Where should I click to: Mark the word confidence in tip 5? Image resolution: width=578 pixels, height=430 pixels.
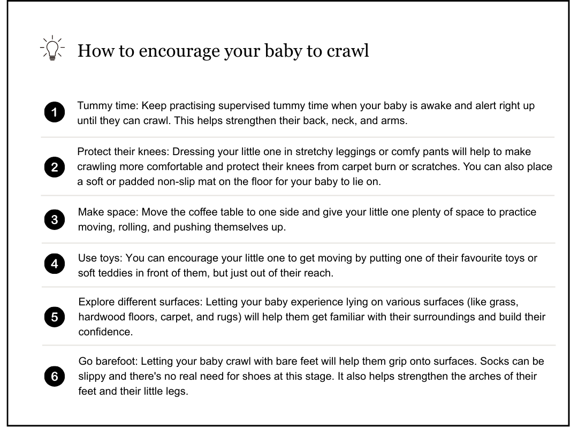coord(104,332)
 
